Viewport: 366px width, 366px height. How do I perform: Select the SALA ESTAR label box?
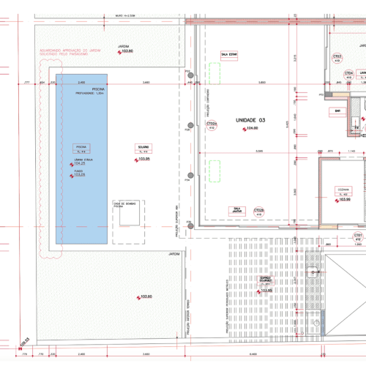tap(228, 53)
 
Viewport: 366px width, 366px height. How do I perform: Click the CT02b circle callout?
tap(258, 212)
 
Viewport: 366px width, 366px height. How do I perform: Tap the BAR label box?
tap(337, 111)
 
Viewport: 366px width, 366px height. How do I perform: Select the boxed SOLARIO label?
tap(142, 149)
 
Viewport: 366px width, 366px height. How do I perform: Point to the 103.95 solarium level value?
tap(143, 159)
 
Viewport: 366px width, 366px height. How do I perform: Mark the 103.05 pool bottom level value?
tap(80, 175)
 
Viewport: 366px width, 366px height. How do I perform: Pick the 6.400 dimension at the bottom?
tap(253, 354)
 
